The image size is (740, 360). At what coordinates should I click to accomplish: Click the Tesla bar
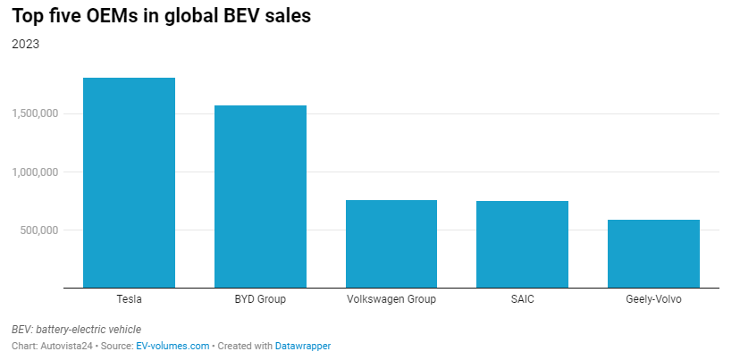click(x=129, y=183)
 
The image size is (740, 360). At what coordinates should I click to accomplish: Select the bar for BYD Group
click(x=260, y=197)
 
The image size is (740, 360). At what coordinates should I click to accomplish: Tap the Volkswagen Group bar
click(x=391, y=244)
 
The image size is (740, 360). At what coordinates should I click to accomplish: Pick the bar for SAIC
click(x=522, y=245)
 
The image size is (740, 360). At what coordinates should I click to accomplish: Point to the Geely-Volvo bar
click(x=653, y=254)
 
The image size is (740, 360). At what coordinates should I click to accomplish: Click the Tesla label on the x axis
click(x=129, y=299)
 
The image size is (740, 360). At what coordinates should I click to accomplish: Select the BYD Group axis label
click(x=260, y=299)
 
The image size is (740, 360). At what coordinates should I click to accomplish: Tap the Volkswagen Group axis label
click(x=391, y=299)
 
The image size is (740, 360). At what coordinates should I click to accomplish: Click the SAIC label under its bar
click(x=522, y=299)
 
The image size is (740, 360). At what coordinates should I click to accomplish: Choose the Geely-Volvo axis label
click(x=653, y=299)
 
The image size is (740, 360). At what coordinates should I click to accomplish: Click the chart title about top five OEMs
click(x=161, y=16)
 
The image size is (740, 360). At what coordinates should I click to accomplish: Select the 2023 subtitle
click(x=25, y=44)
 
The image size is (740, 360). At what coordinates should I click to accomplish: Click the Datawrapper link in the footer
click(x=302, y=346)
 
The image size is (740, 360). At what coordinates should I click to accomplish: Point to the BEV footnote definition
click(x=76, y=330)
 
